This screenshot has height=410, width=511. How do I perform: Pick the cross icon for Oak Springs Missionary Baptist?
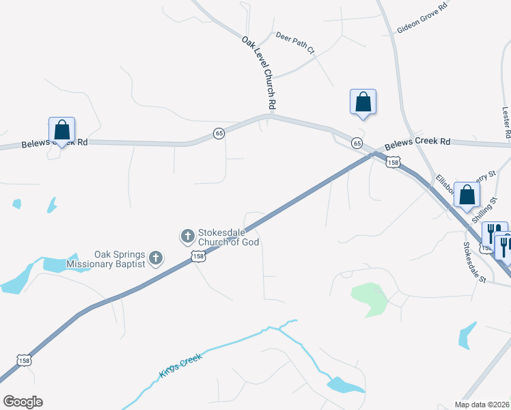point(156,258)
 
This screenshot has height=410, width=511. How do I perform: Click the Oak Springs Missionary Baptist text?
point(106,259)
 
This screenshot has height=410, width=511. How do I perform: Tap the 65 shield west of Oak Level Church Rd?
point(219,133)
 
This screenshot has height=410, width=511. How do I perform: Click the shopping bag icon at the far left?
point(61,129)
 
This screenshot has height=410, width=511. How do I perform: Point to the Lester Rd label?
point(506,124)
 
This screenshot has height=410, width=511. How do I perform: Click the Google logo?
point(23,402)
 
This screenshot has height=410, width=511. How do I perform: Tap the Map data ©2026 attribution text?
point(482,405)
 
